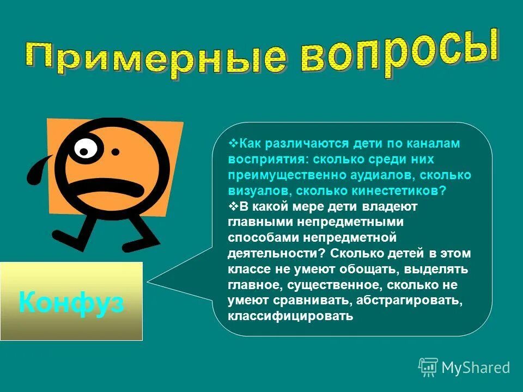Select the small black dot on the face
coord(115,152)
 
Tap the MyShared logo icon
coord(428,367)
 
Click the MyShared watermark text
coord(476,368)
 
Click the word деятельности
coord(275,253)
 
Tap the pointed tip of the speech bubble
coord(148,281)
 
